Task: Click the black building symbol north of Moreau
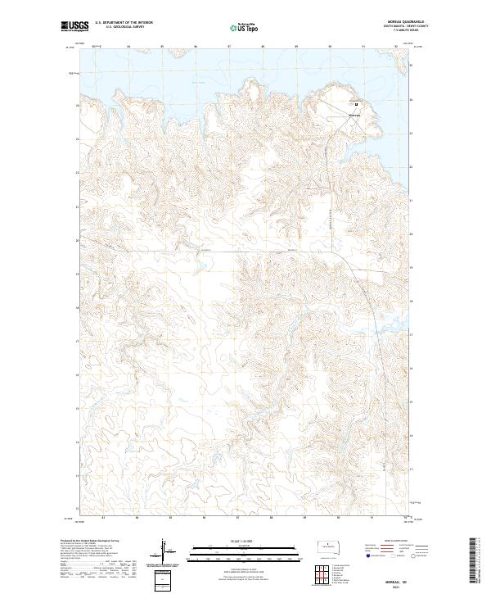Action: [x=356, y=103]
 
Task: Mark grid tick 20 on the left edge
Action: [x=78, y=240]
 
